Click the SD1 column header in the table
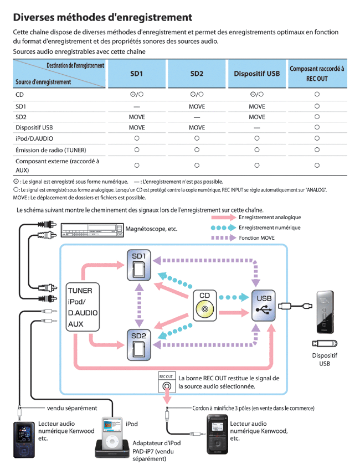pos(136,73)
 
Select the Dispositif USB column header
pos(256,73)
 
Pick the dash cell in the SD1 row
pos(136,105)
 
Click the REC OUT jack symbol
pos(166,386)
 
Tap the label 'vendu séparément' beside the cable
pos(72,408)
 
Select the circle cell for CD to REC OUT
pos(317,94)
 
